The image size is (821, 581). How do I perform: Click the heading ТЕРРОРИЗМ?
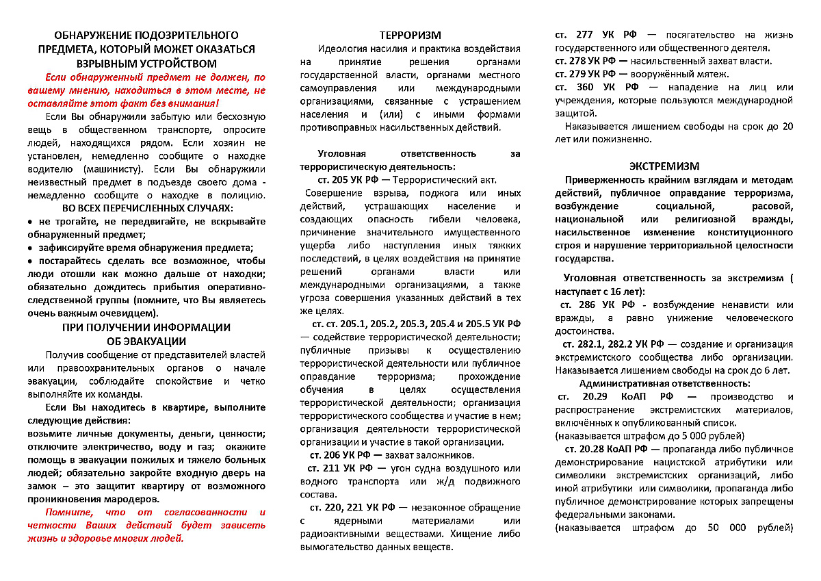(410, 36)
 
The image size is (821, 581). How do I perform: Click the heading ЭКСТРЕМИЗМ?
(674, 166)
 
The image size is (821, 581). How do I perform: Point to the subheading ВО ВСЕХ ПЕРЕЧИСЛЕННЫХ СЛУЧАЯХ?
(146, 207)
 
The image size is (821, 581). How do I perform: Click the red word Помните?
(68, 513)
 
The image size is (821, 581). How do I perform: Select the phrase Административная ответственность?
(664, 384)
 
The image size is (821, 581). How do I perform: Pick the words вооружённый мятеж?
(686, 74)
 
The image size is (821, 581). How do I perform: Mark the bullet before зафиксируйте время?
(31, 248)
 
